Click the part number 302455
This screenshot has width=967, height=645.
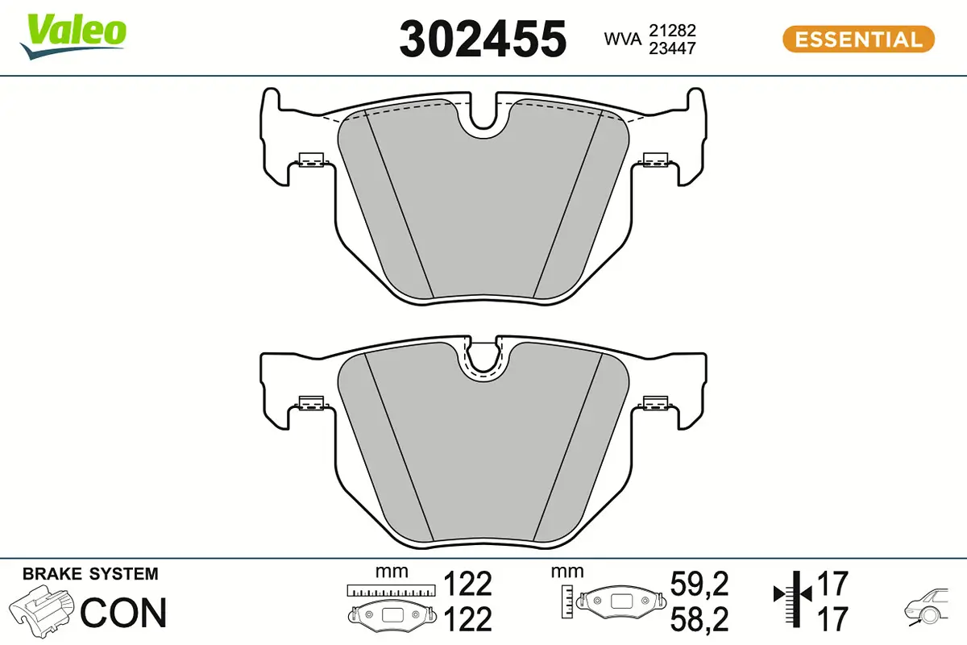coord(483,39)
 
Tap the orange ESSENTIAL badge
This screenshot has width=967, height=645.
coord(858,39)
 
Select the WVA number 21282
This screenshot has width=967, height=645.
coord(672,30)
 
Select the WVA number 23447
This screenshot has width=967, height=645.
coord(672,48)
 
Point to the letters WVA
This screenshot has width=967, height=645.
coord(623,39)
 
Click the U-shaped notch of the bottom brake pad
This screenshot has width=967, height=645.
coord(483,359)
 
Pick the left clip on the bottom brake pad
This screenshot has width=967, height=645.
coord(309,402)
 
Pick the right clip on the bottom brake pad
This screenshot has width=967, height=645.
coord(656,402)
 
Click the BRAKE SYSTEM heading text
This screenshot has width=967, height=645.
coord(90,574)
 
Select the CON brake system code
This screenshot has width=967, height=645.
coord(123,613)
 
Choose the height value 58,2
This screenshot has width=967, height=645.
coord(699,619)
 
